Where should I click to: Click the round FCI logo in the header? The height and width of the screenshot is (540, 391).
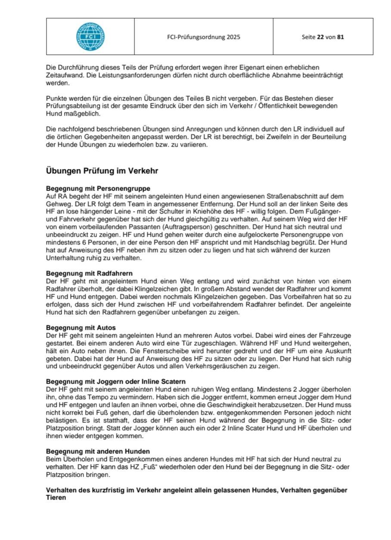(x=90, y=36)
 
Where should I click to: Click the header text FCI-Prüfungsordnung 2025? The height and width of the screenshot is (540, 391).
(x=204, y=37)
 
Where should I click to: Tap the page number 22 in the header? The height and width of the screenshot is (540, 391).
(x=320, y=37)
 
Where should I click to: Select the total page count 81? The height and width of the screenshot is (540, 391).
(x=341, y=37)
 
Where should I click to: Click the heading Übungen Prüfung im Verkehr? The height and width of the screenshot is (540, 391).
(x=102, y=171)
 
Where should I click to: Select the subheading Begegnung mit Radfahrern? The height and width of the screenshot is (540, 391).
(x=89, y=273)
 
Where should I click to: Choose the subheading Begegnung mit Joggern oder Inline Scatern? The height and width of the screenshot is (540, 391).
(x=116, y=382)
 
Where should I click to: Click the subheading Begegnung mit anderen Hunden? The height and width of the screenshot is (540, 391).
(x=98, y=451)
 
